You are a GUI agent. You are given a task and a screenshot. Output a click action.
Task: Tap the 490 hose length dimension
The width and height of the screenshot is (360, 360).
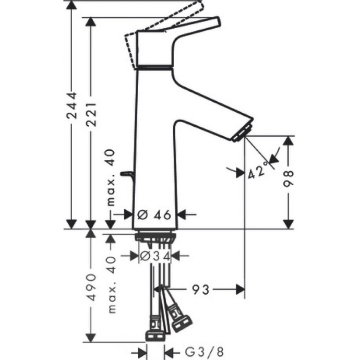pyautogui.click(x=91, y=287)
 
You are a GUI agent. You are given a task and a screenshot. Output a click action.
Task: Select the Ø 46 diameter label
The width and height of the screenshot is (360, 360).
pyautogui.click(x=154, y=214)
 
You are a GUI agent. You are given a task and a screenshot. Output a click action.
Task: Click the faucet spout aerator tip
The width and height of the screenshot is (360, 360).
pyautogui.click(x=243, y=132)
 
